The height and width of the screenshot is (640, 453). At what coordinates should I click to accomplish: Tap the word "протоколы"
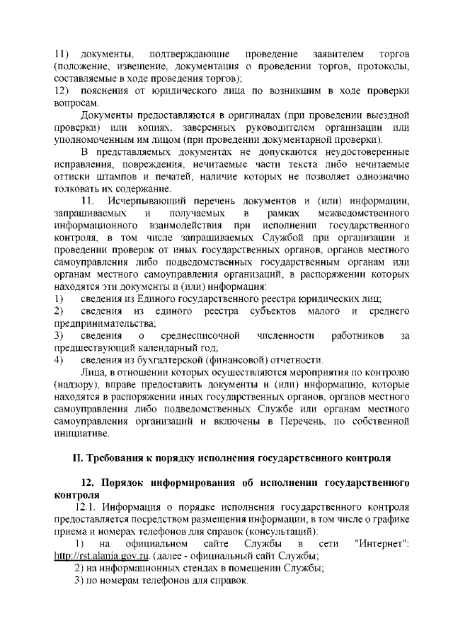(382, 66)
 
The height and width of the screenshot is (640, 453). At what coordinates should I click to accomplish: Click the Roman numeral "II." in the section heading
(82, 458)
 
